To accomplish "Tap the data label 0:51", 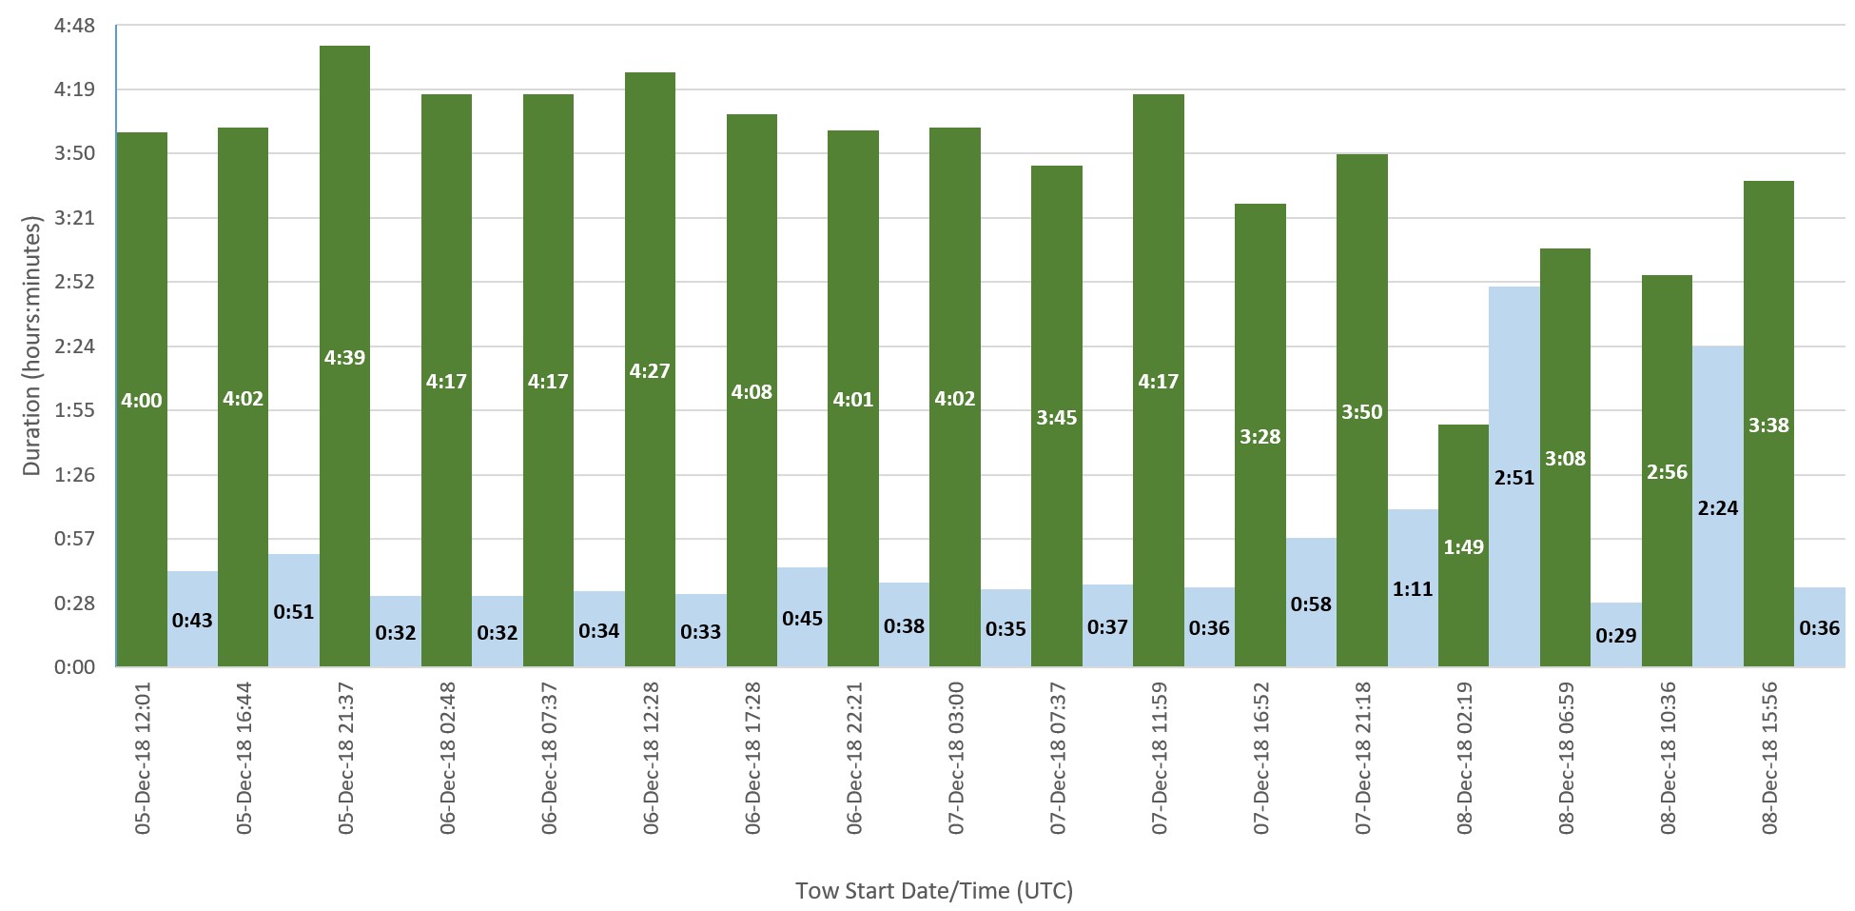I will point(293,612).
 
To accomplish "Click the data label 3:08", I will point(1565,459).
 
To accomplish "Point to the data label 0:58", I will point(1311,604).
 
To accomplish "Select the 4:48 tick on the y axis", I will point(75,26).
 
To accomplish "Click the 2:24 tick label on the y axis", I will point(75,347).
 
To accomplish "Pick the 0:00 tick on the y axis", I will point(75,667).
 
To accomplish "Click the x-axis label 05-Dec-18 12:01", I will point(143,759).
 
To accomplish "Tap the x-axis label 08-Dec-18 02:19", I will point(1464,759).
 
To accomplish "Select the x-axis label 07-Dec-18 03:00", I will point(956,759).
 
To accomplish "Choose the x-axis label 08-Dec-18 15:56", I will point(1769,759).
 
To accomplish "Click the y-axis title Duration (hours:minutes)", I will point(32,347).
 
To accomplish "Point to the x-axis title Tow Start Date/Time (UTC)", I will point(933,891).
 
